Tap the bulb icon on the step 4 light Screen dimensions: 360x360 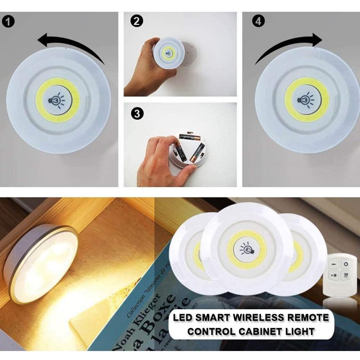tap(306, 99)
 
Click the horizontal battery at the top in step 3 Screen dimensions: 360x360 tap(189, 136)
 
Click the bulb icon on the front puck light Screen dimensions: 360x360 tap(247, 247)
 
